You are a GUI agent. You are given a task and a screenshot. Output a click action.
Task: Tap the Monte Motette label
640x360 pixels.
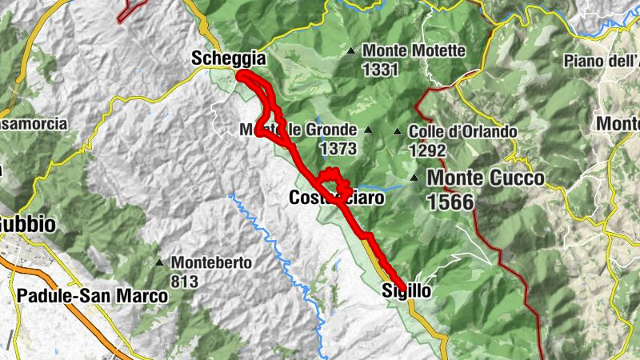tap(414, 51)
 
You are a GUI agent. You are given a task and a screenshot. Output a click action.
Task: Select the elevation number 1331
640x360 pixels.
tap(380, 70)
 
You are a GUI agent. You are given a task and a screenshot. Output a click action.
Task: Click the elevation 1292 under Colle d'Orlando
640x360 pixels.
tap(426, 150)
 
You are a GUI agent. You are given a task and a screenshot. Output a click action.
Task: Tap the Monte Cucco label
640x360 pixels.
tap(486, 178)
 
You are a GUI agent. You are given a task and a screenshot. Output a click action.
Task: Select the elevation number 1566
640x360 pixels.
tap(451, 202)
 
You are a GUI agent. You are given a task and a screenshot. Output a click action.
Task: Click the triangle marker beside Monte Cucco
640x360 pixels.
tap(414, 178)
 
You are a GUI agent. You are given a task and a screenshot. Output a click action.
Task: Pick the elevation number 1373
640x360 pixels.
tap(337, 149)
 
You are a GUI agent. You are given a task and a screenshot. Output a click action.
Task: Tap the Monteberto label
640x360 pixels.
tap(212, 262)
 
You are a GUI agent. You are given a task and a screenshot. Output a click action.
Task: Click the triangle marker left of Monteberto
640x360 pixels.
tap(160, 262)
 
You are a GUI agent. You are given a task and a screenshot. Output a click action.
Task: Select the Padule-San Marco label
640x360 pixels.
tap(92, 296)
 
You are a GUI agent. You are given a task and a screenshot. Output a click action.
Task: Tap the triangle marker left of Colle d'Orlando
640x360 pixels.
tap(398, 131)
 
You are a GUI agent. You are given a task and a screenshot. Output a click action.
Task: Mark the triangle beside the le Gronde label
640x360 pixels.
tap(368, 130)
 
